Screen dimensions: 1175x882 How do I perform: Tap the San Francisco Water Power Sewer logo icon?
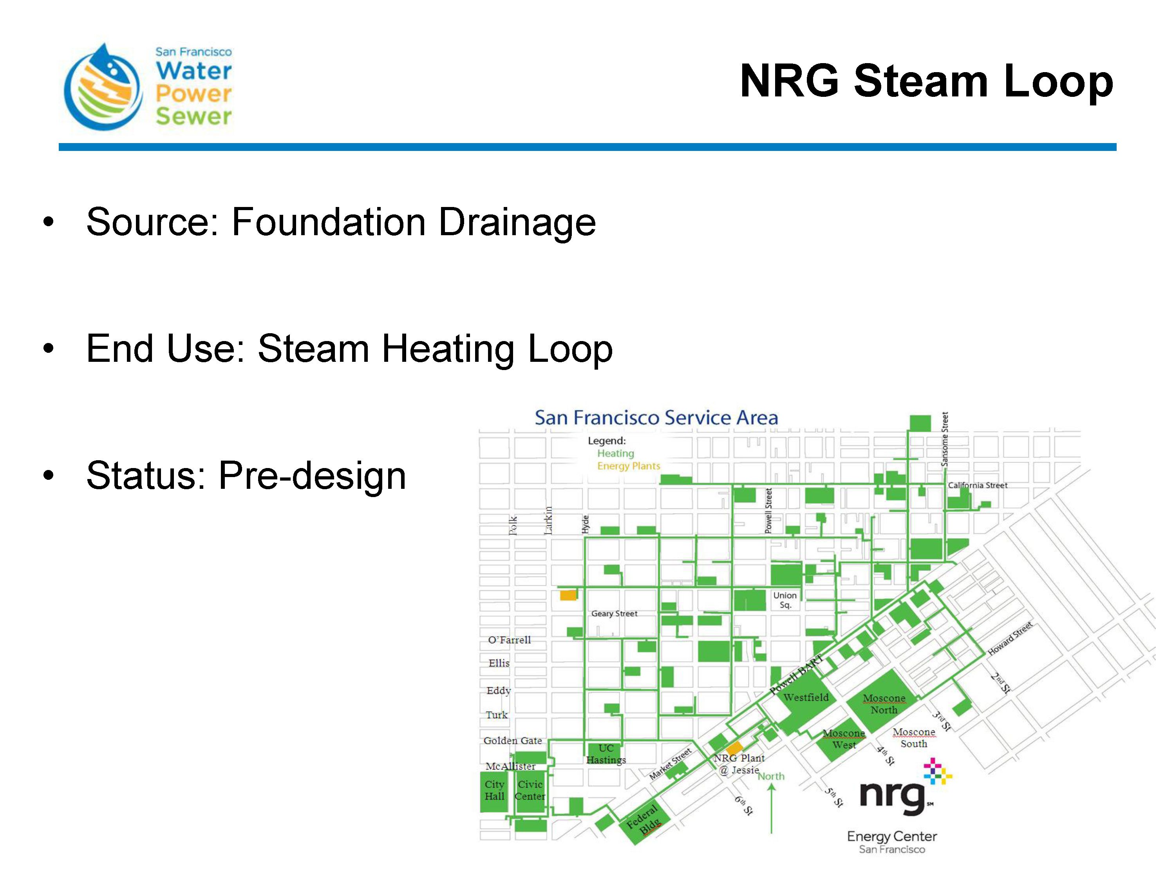coord(103,87)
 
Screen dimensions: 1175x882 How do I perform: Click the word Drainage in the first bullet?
coord(517,222)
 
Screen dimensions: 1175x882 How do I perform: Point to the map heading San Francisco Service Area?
coord(656,417)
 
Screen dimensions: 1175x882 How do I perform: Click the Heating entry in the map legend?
coord(616,454)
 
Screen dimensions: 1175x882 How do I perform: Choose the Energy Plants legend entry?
coord(628,466)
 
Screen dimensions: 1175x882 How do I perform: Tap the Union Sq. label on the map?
coord(785,600)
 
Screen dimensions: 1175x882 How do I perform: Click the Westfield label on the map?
coord(806,697)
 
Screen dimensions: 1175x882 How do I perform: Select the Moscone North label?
coord(884,704)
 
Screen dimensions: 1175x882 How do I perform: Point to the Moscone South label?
coord(914,738)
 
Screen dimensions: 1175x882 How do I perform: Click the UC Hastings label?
coord(606,754)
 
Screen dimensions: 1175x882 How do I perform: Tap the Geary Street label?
coord(614,613)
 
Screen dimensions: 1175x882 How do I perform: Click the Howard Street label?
coord(1010,638)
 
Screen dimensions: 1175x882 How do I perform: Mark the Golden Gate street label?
coord(513,740)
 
